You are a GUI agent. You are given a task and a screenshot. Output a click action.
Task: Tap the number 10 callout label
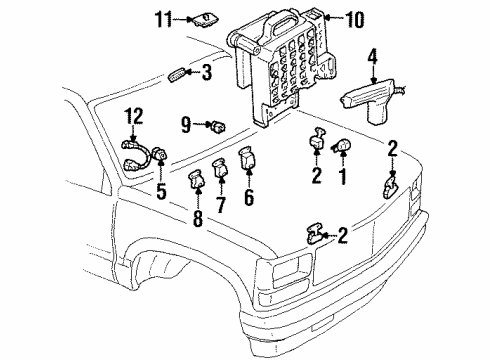click(357, 17)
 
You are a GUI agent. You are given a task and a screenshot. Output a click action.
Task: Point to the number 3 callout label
click(207, 72)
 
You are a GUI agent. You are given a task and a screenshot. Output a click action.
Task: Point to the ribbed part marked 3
click(178, 73)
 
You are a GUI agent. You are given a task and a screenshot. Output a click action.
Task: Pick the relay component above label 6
click(246, 160)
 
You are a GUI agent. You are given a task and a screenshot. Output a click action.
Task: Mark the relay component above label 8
click(195, 182)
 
